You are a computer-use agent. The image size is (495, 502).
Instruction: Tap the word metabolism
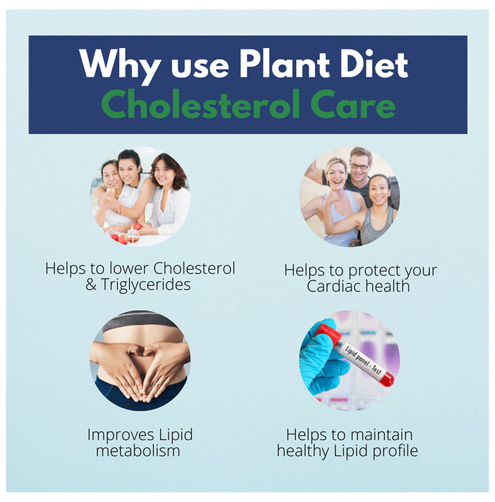140,451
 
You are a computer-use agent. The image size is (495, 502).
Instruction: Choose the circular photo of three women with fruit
140,195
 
